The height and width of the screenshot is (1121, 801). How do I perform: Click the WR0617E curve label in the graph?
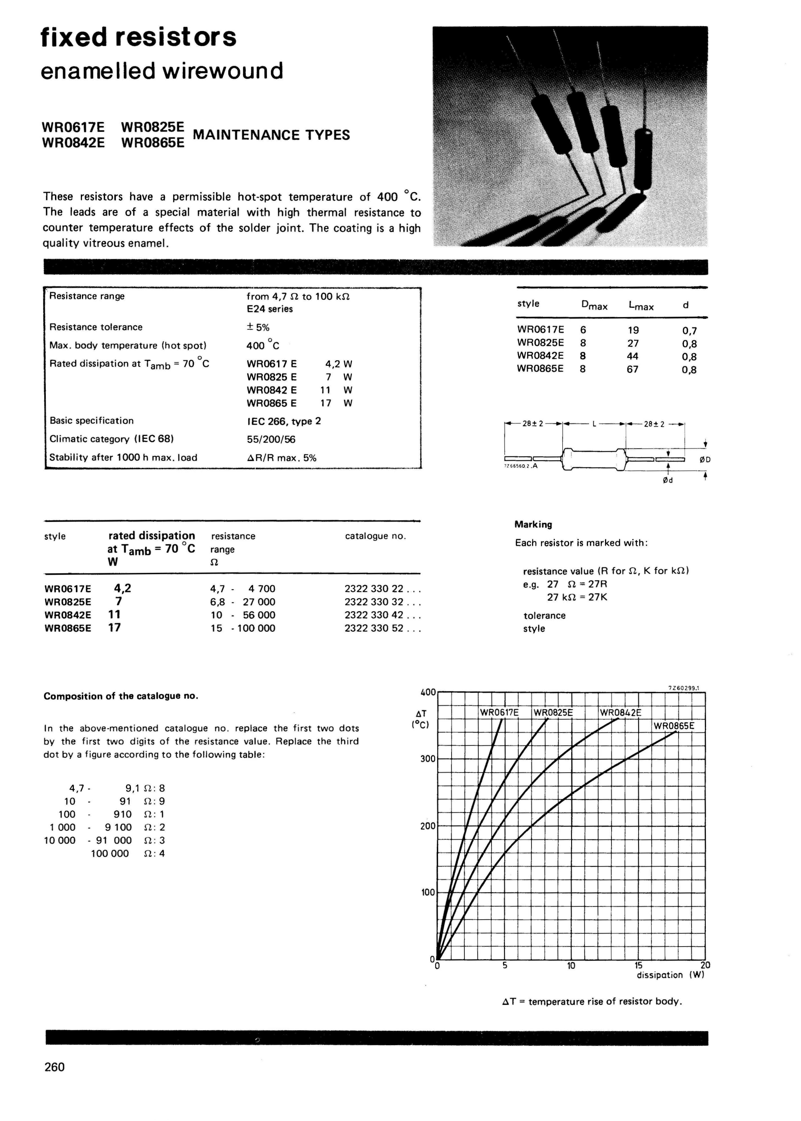tap(499, 712)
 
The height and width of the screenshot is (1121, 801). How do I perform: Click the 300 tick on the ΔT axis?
tap(428, 759)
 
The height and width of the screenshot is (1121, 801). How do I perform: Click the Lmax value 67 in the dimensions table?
tap(632, 369)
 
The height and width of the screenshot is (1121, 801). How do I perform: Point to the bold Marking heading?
tap(533, 524)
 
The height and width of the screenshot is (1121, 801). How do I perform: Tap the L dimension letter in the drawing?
tap(594, 423)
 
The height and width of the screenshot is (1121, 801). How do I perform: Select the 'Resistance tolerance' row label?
tap(96, 327)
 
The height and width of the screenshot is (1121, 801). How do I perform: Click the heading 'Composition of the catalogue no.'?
tap(121, 696)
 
